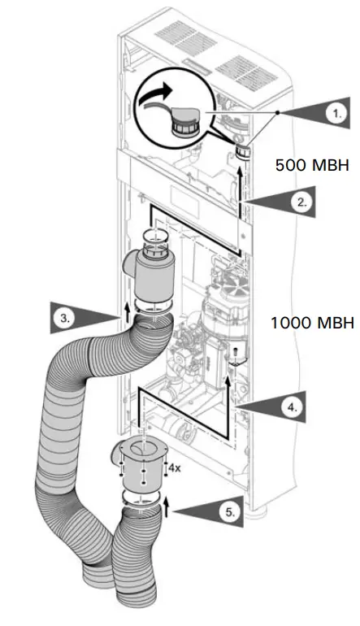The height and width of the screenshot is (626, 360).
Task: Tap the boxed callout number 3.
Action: click(63, 318)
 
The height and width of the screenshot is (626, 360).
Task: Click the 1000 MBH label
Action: click(312, 323)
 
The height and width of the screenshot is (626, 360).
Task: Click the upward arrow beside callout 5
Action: click(166, 510)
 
